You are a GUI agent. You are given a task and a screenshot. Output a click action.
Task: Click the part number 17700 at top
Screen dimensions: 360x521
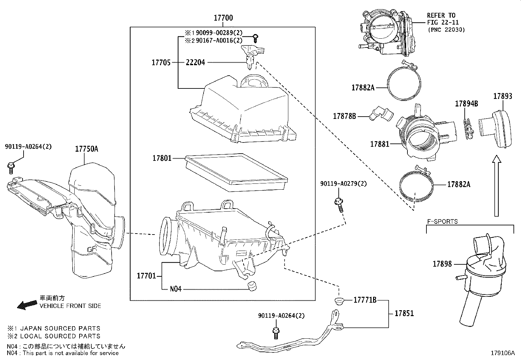pos(223,18)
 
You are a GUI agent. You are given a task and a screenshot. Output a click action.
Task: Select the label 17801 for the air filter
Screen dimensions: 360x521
pos(162,159)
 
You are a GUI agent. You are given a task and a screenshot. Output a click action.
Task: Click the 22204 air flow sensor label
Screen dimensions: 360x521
pos(195,62)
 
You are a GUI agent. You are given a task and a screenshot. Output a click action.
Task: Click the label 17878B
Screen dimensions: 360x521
pos(344,116)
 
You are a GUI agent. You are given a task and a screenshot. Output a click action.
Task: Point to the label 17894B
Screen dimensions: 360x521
pos(466,104)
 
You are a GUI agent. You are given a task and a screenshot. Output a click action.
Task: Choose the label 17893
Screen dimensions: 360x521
pos(503,96)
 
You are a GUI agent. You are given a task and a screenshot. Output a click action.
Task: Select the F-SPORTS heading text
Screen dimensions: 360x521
pos(442,221)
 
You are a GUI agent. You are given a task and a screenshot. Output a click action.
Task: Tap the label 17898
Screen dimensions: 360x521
pos(442,264)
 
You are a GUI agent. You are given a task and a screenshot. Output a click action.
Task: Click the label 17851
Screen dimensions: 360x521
pos(404,313)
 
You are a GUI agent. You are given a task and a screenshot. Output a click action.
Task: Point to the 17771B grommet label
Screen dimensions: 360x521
pos(365,300)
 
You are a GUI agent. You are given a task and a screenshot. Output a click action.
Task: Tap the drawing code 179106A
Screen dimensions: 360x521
pos(503,353)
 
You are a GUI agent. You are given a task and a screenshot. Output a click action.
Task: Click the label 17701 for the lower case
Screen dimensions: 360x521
pos(146,276)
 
